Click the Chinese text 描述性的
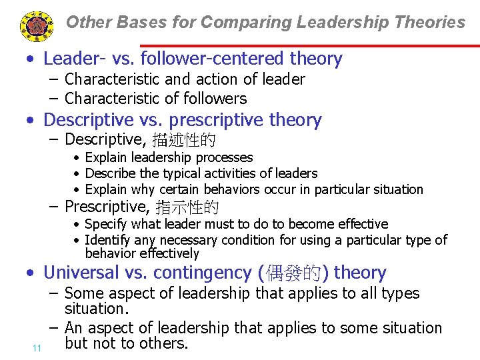(x=183, y=140)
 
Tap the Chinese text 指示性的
(x=187, y=207)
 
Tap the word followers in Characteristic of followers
(x=218, y=99)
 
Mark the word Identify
(x=109, y=240)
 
